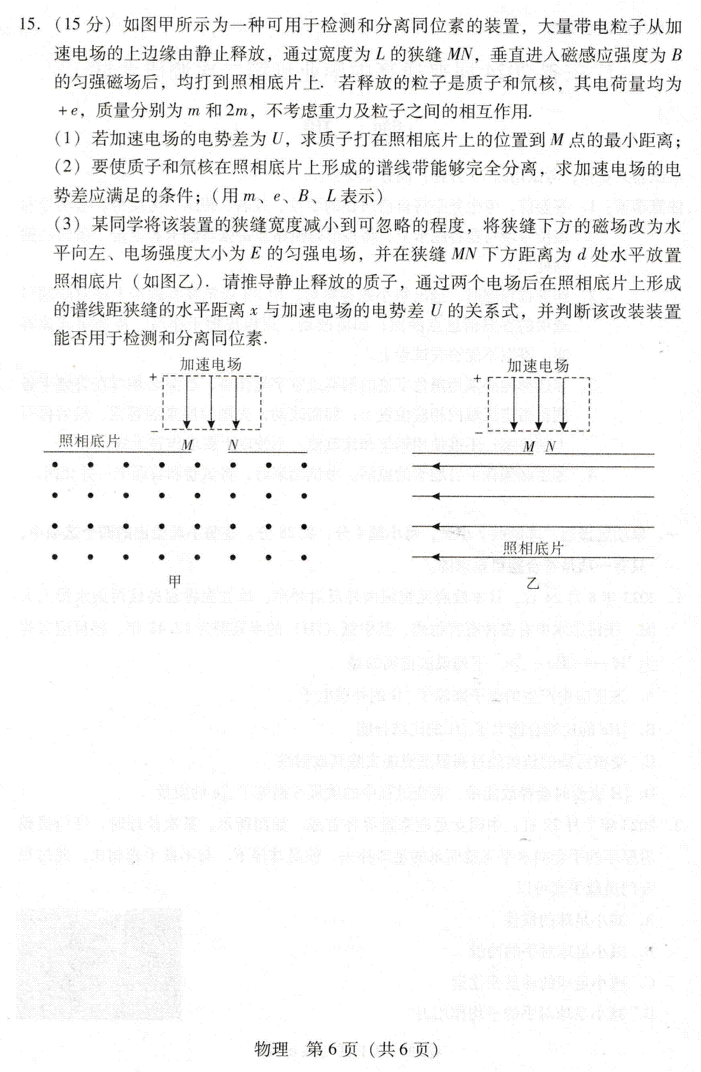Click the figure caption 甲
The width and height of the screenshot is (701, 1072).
pyautogui.click(x=175, y=581)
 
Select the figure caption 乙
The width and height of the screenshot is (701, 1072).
pyautogui.click(x=532, y=583)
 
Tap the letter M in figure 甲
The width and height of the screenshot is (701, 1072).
pyautogui.click(x=187, y=445)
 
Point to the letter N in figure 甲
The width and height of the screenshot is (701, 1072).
pyautogui.click(x=233, y=445)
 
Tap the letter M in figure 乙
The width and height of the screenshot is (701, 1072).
pyautogui.click(x=529, y=447)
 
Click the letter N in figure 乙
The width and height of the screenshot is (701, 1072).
pyautogui.click(x=550, y=447)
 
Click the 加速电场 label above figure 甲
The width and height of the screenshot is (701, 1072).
pyautogui.click(x=211, y=365)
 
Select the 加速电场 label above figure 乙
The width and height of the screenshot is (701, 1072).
pyautogui.click(x=537, y=366)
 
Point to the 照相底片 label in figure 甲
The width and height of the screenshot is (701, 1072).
pyautogui.click(x=89, y=441)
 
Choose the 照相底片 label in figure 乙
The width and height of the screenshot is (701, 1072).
pyautogui.click(x=533, y=548)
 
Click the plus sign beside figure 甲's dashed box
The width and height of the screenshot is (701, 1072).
pyautogui.click(x=154, y=378)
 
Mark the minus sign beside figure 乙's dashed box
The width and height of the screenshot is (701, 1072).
pyautogui.click(x=478, y=432)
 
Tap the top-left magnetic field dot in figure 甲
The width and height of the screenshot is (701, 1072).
pyautogui.click(x=55, y=465)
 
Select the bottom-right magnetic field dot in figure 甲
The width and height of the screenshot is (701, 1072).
pyautogui.click(x=304, y=557)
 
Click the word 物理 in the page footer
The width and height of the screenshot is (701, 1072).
pyautogui.click(x=272, y=1049)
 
